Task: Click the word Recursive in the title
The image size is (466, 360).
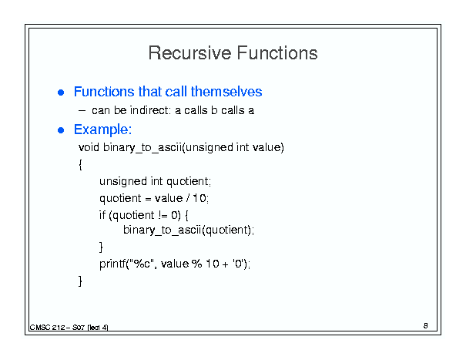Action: click(190, 53)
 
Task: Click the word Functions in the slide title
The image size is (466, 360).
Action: click(277, 53)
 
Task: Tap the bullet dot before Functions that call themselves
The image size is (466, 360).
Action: click(61, 93)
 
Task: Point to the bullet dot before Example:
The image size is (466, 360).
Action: click(61, 130)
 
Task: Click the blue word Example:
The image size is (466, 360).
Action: click(103, 130)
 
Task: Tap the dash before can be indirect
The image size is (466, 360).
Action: click(82, 111)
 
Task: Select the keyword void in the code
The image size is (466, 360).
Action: click(89, 147)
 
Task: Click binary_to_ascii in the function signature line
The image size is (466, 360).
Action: click(142, 147)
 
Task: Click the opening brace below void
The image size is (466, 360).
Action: click(80, 164)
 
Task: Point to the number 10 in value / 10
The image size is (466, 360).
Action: click(199, 198)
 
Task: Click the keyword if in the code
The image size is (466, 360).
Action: click(102, 215)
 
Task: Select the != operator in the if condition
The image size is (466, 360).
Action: click(163, 215)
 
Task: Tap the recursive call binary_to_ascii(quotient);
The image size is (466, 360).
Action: click(189, 230)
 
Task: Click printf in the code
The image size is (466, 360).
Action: click(112, 264)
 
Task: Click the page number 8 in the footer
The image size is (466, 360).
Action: click(426, 326)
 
